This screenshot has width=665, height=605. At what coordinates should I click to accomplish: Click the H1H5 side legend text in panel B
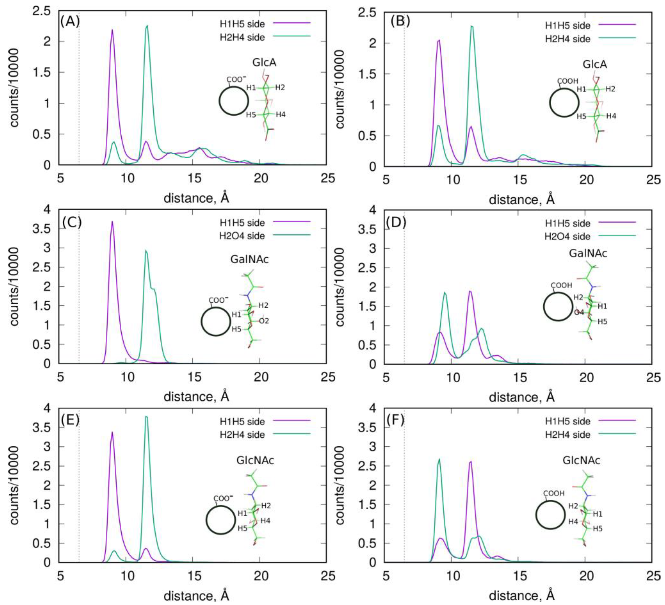(x=567, y=25)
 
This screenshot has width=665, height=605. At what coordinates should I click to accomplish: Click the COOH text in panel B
(x=567, y=81)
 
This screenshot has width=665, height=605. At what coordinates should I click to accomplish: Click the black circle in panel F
(x=550, y=515)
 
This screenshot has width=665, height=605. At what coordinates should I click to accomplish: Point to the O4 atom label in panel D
(x=579, y=312)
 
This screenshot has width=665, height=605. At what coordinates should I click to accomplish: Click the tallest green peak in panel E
(x=146, y=417)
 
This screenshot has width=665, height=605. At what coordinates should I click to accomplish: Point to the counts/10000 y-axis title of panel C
(x=14, y=286)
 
